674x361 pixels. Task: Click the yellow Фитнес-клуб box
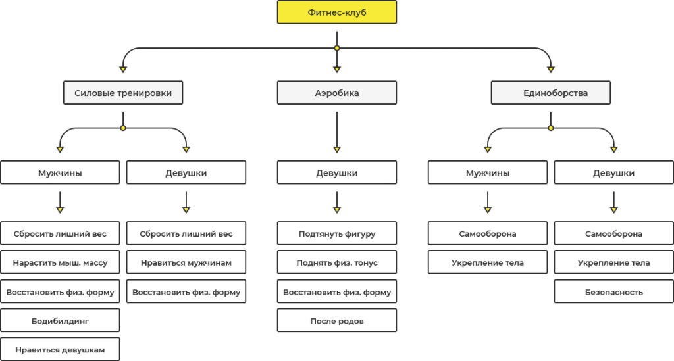(x=337, y=12)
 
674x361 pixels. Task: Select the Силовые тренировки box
(x=123, y=93)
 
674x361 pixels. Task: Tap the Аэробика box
(x=337, y=93)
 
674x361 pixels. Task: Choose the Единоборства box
(x=551, y=93)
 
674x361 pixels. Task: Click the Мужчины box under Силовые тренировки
(x=60, y=172)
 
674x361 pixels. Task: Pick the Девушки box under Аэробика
(x=337, y=172)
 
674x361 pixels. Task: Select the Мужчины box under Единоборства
(x=488, y=172)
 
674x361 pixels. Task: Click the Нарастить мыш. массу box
(x=60, y=262)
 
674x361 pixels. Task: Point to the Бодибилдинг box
(x=60, y=320)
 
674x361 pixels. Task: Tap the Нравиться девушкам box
(x=60, y=349)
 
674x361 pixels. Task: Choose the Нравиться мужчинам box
(x=186, y=262)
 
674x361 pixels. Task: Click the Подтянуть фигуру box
(x=337, y=233)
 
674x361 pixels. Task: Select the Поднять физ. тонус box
(x=337, y=262)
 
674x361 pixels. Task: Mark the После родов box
(x=337, y=320)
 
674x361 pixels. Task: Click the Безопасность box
(x=614, y=291)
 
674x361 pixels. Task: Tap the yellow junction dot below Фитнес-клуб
(x=337, y=48)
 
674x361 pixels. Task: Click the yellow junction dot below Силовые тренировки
(x=123, y=128)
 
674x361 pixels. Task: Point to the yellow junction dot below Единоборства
(x=551, y=128)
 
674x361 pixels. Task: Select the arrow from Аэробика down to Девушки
(x=337, y=132)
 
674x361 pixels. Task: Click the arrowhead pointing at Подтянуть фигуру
(x=337, y=210)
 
